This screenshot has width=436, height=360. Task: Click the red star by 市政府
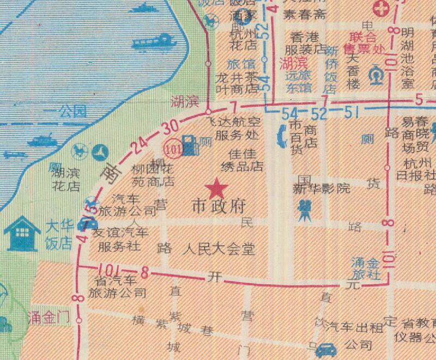[x=217, y=188]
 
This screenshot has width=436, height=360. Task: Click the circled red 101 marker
[x=173, y=147]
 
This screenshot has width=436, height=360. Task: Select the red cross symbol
[x=379, y=9]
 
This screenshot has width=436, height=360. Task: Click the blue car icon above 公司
[x=325, y=349]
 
